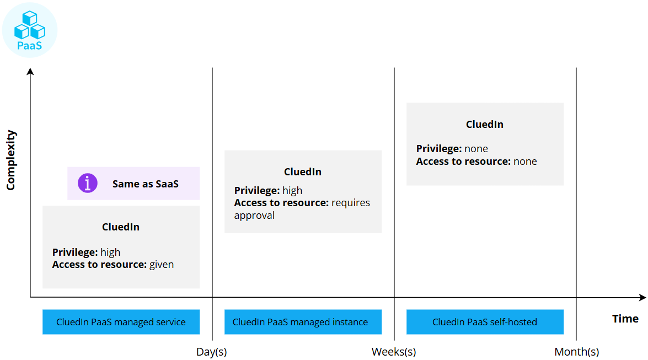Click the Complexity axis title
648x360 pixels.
point(10,160)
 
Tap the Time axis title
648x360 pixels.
point(625,319)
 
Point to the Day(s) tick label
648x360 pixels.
point(212,352)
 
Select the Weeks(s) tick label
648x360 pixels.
point(394,352)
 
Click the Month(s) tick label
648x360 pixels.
point(576,352)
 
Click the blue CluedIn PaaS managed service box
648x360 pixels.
point(121,322)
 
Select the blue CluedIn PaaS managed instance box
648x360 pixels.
point(303,322)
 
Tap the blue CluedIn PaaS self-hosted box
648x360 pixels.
point(485,322)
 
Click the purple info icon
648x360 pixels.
point(88,184)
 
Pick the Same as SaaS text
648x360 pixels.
point(146,184)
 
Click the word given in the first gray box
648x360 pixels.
point(162,265)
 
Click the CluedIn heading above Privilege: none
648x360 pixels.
point(485,125)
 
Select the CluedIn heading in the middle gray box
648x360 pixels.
point(303,172)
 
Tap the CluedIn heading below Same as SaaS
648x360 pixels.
point(121,227)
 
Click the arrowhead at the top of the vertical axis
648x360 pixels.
point(30,71)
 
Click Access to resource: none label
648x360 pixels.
point(476,162)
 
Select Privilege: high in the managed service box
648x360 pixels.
point(86,252)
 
